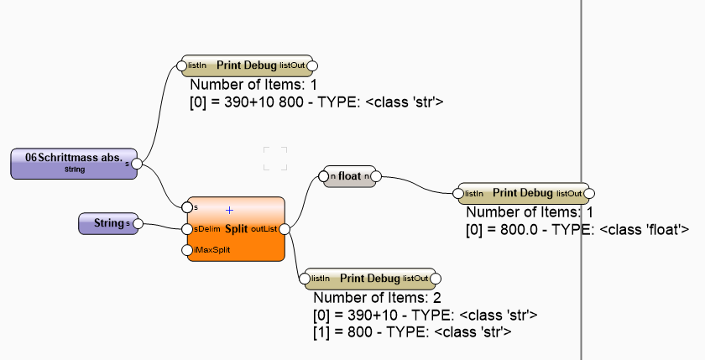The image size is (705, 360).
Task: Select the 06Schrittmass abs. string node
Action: (73, 163)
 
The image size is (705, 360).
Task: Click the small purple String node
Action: (106, 223)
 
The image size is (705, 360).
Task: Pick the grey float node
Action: (348, 176)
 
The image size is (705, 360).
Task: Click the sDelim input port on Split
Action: (187, 228)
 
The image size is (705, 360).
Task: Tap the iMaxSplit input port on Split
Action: (187, 250)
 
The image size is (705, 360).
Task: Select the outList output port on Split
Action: (285, 228)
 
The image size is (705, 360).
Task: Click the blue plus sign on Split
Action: (229, 210)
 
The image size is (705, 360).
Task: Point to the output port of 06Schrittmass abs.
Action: (137, 164)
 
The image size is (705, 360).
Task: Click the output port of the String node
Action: (136, 223)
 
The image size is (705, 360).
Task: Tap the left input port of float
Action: (322, 176)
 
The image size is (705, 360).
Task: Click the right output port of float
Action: (375, 176)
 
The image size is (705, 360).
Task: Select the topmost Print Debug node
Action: (247, 65)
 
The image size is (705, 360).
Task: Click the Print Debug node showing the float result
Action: (523, 193)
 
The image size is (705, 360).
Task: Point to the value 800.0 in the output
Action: (514, 228)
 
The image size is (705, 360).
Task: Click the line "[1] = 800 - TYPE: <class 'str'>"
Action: (412, 331)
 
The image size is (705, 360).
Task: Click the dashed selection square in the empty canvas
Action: (275, 158)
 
